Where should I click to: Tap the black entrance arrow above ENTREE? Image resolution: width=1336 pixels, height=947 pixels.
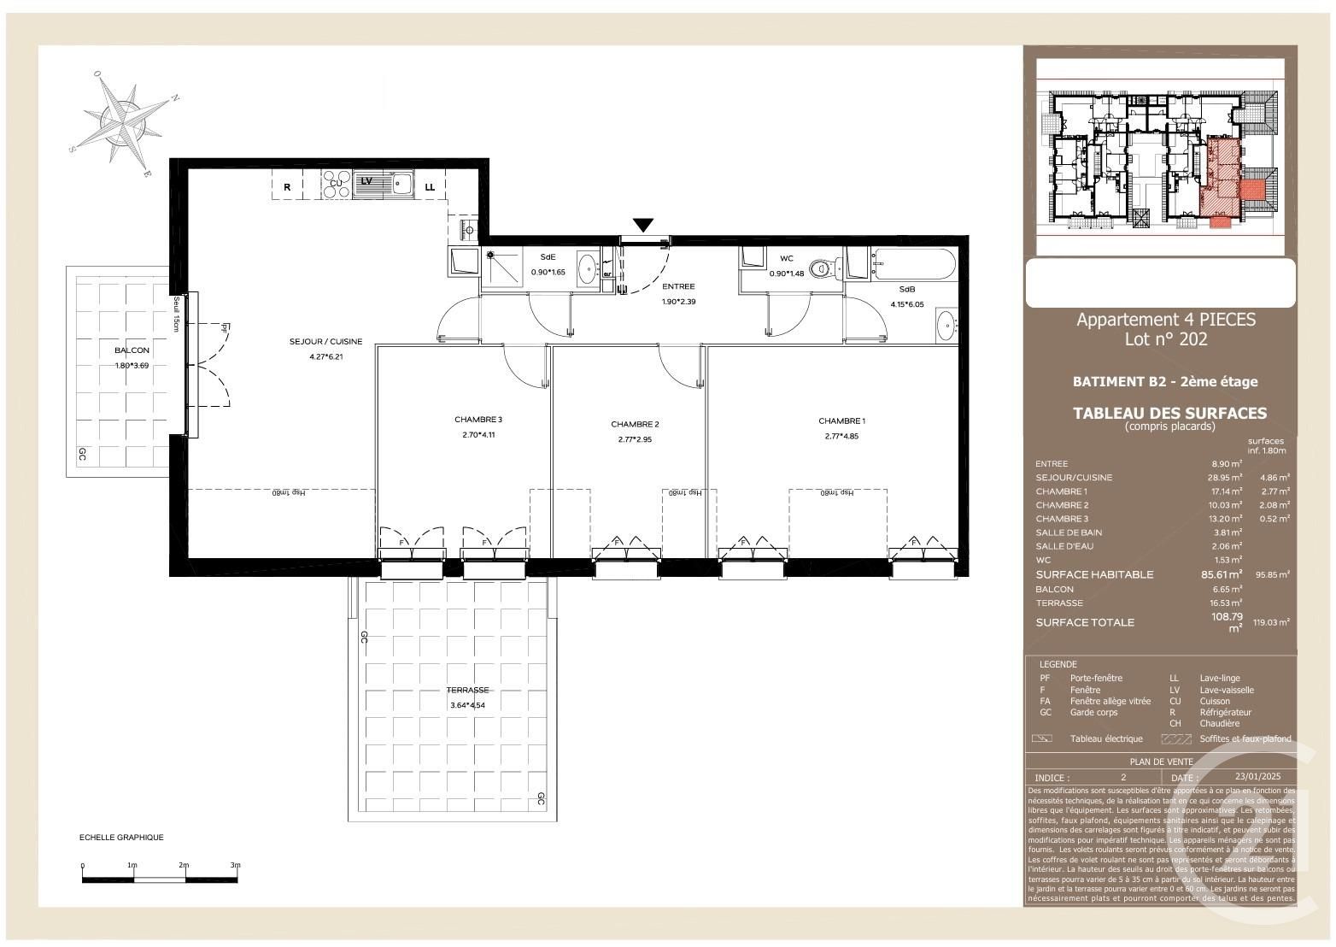[643, 226]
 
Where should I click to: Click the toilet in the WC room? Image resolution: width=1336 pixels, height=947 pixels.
[821, 268]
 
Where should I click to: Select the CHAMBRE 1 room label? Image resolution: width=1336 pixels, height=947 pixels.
[841, 421]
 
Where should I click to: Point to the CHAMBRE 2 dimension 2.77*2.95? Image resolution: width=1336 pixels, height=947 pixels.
[635, 440]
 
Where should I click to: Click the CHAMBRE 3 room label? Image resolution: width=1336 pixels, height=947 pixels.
[478, 420]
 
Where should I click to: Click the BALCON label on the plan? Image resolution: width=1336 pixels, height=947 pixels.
[132, 350]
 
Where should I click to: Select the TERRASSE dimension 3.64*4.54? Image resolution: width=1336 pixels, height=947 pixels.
[467, 705]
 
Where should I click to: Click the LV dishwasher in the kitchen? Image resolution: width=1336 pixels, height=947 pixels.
[366, 182]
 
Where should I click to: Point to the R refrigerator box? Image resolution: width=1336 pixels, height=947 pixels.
[288, 185]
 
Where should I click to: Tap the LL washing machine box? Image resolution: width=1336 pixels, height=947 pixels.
[430, 186]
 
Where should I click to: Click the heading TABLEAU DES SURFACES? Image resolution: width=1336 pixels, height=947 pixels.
[1169, 414]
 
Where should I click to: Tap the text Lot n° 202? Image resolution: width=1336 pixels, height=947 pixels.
[1166, 339]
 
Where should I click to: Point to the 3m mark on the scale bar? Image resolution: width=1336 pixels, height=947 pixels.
[236, 866]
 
